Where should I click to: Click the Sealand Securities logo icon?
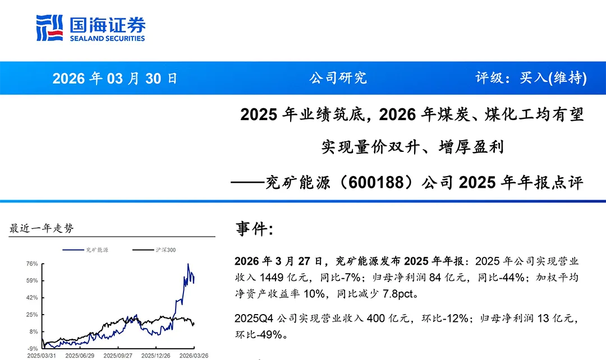coord(49,27)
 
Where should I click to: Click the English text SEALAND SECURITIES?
coord(107,39)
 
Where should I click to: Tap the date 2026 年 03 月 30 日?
coord(115,78)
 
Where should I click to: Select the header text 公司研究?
coord(338,78)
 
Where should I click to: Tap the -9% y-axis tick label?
coord(33,348)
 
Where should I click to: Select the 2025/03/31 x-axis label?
coord(42,356)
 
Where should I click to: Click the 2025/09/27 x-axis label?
coord(118,356)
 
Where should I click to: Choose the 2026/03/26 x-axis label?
coord(194,356)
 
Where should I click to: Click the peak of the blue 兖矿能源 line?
coord(188,264)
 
